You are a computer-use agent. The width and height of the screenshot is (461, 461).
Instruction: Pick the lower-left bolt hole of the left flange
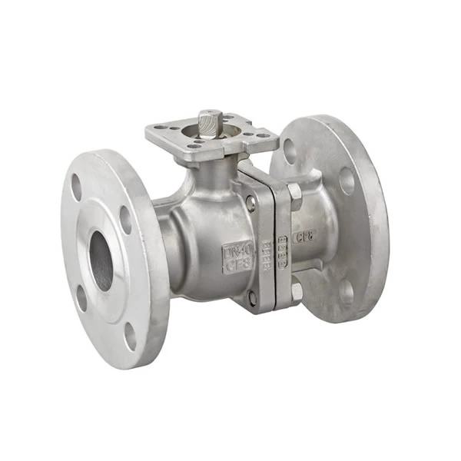pos(81,298)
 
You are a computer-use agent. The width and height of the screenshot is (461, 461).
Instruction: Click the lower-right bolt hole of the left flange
pos(131,335)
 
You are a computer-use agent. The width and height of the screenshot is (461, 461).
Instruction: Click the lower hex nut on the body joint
pos(297,291)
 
